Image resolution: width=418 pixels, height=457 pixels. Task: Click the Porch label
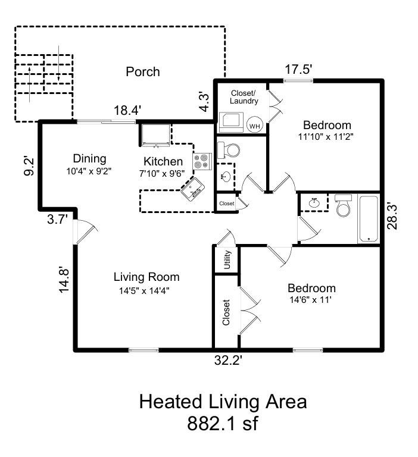click(143, 71)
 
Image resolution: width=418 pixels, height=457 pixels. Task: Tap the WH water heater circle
click(255, 126)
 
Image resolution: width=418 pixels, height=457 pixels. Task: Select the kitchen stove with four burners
click(202, 161)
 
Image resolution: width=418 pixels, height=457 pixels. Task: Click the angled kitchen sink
click(192, 189)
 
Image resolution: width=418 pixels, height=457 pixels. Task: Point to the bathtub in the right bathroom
click(369, 219)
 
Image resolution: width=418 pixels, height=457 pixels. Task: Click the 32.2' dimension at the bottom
click(229, 361)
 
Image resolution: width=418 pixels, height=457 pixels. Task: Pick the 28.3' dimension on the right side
click(392, 216)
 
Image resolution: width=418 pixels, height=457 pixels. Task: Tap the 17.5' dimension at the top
click(299, 70)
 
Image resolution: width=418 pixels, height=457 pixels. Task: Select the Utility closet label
click(227, 259)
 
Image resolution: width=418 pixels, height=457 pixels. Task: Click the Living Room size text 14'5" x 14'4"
click(144, 290)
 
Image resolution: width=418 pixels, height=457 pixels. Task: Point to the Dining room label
click(89, 158)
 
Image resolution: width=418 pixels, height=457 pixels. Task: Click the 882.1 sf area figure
click(222, 423)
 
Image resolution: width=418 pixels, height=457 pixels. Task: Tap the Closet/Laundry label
click(244, 97)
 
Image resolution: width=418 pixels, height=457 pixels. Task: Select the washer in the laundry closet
click(231, 123)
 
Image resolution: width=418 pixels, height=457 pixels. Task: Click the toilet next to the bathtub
click(343, 205)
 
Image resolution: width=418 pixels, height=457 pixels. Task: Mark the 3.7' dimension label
click(58, 219)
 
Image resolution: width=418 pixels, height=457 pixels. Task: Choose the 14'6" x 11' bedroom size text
click(311, 300)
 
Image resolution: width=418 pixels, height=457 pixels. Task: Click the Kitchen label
click(163, 161)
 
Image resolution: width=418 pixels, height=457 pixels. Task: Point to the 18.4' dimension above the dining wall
click(127, 111)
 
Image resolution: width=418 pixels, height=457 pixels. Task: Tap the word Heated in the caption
click(170, 401)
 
